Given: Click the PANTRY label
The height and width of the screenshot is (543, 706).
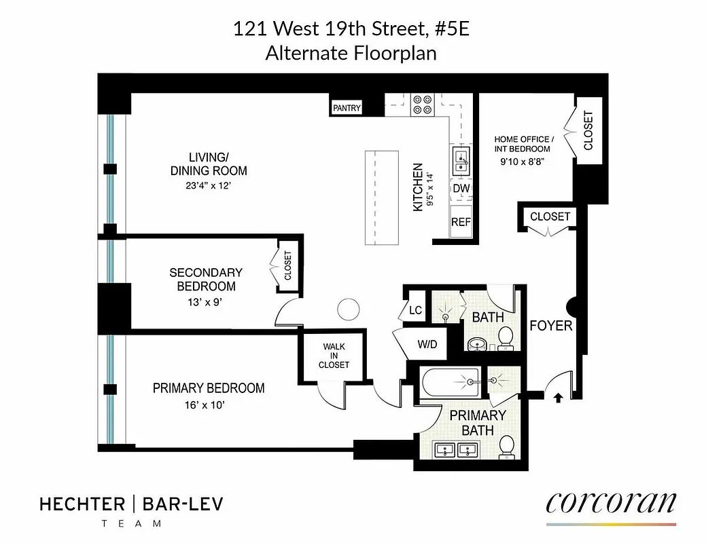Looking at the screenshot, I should coord(347,108).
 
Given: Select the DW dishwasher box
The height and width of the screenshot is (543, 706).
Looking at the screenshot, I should coord(461,188).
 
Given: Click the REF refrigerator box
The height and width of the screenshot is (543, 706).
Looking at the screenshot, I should coord(461,221).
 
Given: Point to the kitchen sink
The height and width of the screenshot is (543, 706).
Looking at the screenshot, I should coord(461,160).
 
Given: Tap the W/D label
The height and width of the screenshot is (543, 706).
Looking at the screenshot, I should coord(427,344).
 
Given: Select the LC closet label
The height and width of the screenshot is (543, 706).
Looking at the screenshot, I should coord(415,310).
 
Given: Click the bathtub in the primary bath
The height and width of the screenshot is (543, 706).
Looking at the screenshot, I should coord(451,383).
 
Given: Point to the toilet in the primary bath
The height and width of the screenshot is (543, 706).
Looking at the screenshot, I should coord(506,447).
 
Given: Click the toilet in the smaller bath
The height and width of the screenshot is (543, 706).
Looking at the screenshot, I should coord(506,337).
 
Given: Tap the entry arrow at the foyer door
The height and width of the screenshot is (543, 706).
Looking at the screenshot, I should coord(558,398).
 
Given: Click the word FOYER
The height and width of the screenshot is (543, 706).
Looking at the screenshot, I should coord(550,326).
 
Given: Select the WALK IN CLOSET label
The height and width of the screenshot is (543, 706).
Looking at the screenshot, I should coord(334,356).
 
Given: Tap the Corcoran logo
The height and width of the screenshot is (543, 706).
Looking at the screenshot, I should coord(610,504).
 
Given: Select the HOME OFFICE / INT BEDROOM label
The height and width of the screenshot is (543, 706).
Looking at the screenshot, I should coord(523,144).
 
